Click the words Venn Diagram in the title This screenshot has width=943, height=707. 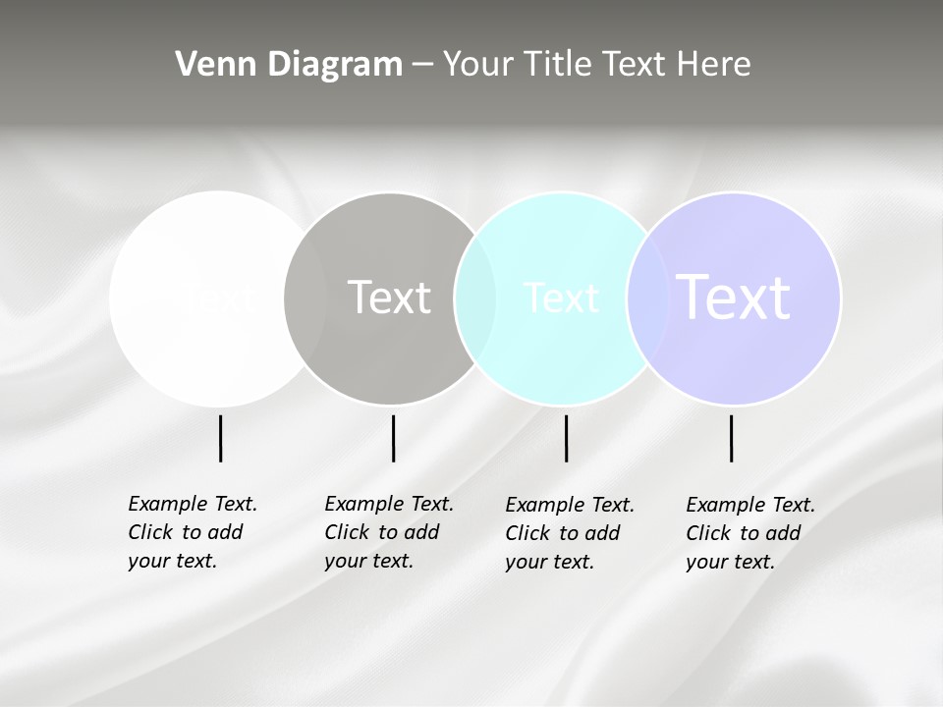289,65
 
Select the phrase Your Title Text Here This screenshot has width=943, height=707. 596,65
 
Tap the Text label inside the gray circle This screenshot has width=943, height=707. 390,298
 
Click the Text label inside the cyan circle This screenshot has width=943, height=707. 561,298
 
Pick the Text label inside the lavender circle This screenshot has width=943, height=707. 734,298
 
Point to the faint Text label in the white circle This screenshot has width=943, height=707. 218,298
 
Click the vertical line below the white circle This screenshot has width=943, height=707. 220,438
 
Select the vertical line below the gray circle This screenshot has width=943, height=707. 393,438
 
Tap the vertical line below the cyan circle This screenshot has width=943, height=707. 566,438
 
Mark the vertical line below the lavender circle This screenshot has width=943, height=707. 731,438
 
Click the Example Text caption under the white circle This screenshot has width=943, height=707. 193,532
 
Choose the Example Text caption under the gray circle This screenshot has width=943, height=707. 389,532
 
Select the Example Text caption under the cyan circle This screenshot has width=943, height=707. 570,533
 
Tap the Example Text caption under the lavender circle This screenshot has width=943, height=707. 750,533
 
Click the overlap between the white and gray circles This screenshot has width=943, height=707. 305,298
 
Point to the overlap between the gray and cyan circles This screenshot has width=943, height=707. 475,298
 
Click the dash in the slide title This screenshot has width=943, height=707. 422,65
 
